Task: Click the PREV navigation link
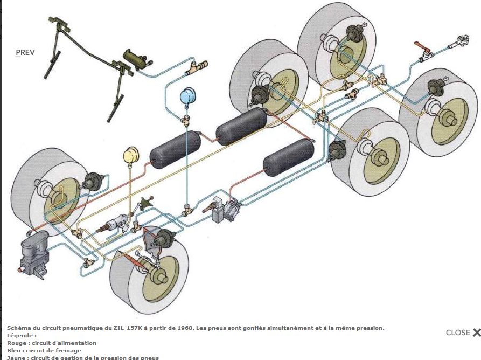tap(25, 53)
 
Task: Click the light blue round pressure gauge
tap(188, 96)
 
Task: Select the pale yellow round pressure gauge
tap(131, 156)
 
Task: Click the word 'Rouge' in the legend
tap(17, 343)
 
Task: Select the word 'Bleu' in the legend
tap(15, 350)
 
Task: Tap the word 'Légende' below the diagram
tap(19, 335)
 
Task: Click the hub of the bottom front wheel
tap(160, 276)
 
